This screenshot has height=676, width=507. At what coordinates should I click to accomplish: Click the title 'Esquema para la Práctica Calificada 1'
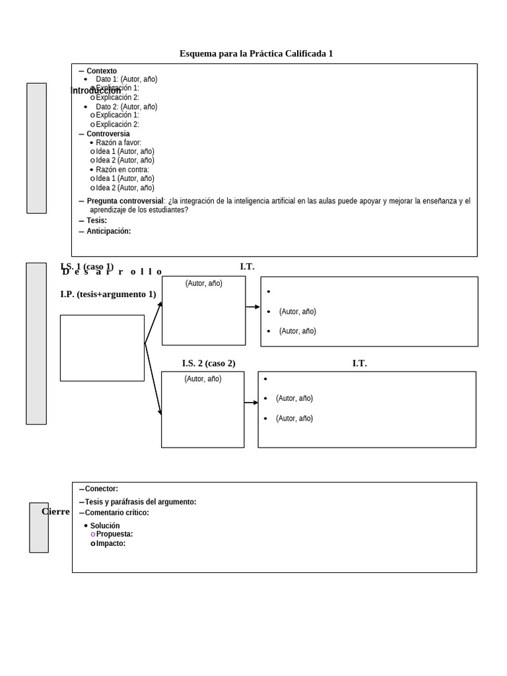(x=256, y=53)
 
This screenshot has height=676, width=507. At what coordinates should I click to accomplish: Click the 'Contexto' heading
(x=102, y=71)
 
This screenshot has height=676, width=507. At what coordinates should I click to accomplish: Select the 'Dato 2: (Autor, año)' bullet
(x=126, y=107)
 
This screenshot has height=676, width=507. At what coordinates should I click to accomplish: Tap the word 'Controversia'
(x=108, y=134)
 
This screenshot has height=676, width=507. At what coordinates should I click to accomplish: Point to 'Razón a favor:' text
(x=118, y=143)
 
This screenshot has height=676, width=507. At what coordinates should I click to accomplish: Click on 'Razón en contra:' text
(x=122, y=170)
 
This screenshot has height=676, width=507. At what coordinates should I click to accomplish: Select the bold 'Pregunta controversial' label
(x=125, y=201)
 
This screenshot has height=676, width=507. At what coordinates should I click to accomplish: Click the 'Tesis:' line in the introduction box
(x=96, y=220)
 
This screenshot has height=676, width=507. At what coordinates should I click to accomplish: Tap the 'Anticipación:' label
(x=108, y=231)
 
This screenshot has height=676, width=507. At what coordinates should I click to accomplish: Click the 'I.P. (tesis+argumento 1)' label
(x=108, y=294)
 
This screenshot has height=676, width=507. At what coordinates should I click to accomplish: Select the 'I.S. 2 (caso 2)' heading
(x=209, y=364)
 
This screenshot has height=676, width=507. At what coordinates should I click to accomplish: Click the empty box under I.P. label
(x=102, y=348)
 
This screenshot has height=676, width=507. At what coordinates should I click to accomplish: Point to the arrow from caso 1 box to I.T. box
(x=253, y=307)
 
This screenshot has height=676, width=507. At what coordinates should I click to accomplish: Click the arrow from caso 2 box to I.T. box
(x=251, y=403)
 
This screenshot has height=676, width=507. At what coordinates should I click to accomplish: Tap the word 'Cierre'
(x=55, y=512)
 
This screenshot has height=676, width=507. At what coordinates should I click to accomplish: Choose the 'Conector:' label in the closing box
(x=101, y=489)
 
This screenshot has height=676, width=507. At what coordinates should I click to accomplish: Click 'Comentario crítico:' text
(x=117, y=513)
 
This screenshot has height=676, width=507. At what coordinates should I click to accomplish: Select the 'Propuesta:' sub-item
(x=114, y=534)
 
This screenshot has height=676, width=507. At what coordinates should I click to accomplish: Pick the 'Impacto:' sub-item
(x=110, y=543)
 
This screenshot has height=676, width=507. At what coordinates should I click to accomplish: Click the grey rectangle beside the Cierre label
(x=39, y=527)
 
